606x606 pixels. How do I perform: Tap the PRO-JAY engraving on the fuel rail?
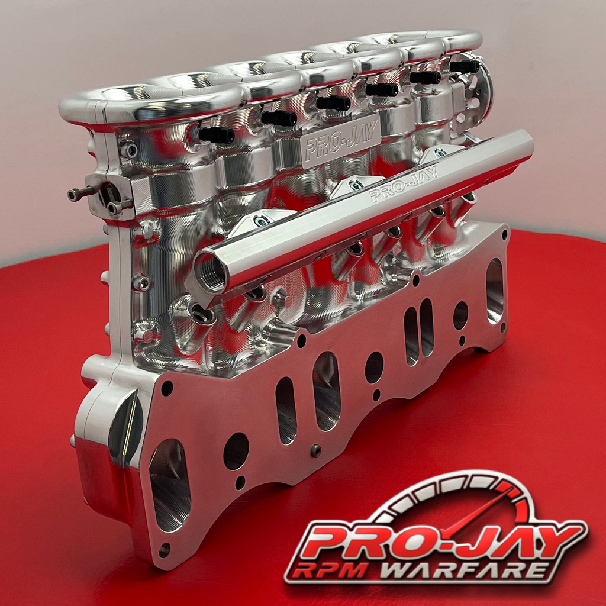point(404,185)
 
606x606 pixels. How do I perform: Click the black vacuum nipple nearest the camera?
point(216,135)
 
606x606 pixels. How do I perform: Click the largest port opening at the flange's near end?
point(170,485)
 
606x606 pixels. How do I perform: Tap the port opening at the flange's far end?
point(494,282)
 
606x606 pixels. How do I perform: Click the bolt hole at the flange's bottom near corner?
point(164,550)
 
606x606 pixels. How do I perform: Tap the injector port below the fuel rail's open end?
point(204,313)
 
